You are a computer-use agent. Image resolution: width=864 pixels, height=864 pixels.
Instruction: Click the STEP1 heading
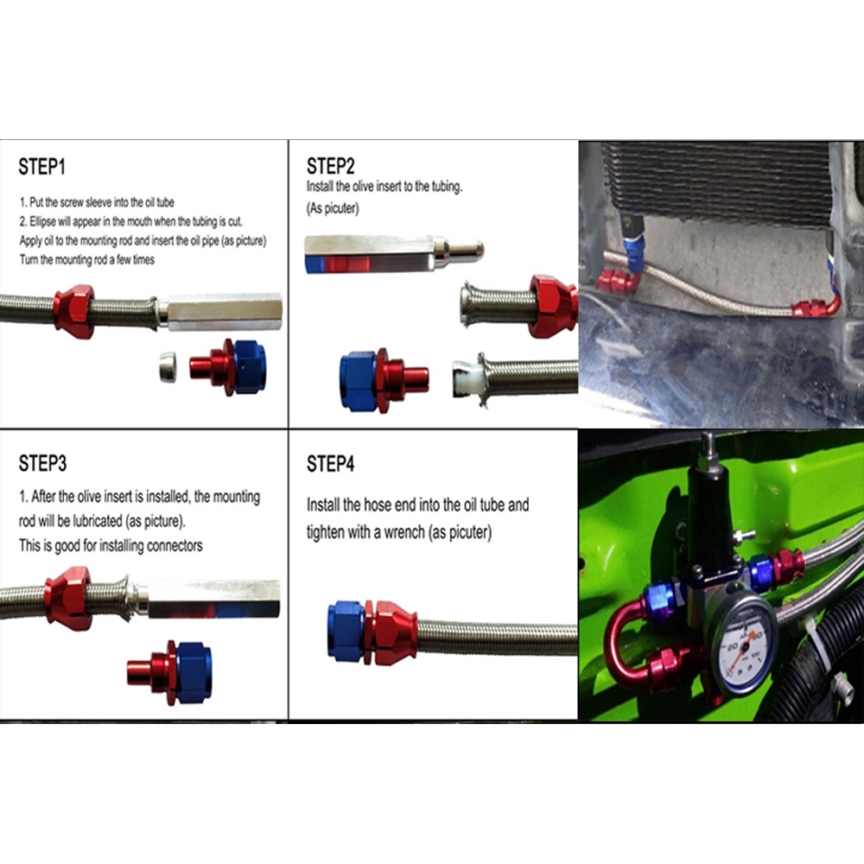41,167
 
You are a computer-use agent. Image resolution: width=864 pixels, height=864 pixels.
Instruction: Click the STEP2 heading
331,166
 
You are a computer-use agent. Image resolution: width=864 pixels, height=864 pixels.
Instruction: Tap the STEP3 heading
42,463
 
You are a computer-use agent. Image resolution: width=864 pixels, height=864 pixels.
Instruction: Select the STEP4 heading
331,464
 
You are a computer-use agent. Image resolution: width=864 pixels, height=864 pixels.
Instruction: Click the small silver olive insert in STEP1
168,367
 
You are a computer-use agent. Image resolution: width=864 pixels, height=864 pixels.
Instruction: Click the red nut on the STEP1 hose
73,311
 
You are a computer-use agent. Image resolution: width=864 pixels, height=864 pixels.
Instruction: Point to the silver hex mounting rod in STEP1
223,312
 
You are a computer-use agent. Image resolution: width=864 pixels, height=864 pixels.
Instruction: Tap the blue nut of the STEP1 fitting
250,366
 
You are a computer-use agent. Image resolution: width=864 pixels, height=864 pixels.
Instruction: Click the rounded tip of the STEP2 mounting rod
473,251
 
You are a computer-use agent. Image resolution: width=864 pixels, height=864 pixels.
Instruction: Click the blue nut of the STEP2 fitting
359,381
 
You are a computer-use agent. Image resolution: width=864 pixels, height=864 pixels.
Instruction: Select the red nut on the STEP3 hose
68,599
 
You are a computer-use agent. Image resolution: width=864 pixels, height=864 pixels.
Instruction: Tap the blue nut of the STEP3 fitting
194,672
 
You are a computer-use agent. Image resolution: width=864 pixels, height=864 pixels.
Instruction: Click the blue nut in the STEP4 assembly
346,631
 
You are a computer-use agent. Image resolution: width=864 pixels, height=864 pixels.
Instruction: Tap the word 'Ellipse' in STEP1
42,222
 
